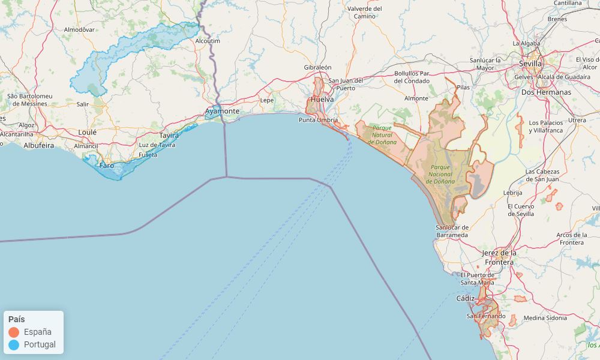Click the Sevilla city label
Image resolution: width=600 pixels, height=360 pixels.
(x=530, y=64)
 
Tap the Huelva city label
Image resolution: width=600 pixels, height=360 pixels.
(x=322, y=100)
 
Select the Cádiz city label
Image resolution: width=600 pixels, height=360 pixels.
(x=465, y=298)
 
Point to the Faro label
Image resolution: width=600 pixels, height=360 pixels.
(x=106, y=165)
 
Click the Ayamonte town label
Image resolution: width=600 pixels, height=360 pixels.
(x=222, y=112)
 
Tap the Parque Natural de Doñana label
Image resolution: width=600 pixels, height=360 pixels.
(x=382, y=135)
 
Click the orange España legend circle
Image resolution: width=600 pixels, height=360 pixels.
(x=14, y=332)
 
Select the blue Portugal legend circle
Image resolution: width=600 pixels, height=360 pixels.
(x=14, y=344)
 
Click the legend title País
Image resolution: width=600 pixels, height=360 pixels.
(x=17, y=319)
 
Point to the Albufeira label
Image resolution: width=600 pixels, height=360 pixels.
(x=38, y=145)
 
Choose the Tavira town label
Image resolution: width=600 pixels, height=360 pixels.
(x=169, y=136)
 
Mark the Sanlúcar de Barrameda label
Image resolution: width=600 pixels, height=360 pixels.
(x=452, y=231)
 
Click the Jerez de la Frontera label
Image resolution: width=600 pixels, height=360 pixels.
(x=498, y=257)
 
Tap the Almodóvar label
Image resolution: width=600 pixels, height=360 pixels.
(x=79, y=29)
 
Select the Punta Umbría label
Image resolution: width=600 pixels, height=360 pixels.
(x=318, y=120)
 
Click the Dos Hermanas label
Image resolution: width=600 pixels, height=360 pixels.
(x=546, y=92)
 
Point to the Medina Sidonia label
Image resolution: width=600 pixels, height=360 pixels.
(x=545, y=318)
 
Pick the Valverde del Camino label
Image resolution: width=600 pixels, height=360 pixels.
(x=365, y=12)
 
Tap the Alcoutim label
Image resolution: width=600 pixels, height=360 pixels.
(x=208, y=41)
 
